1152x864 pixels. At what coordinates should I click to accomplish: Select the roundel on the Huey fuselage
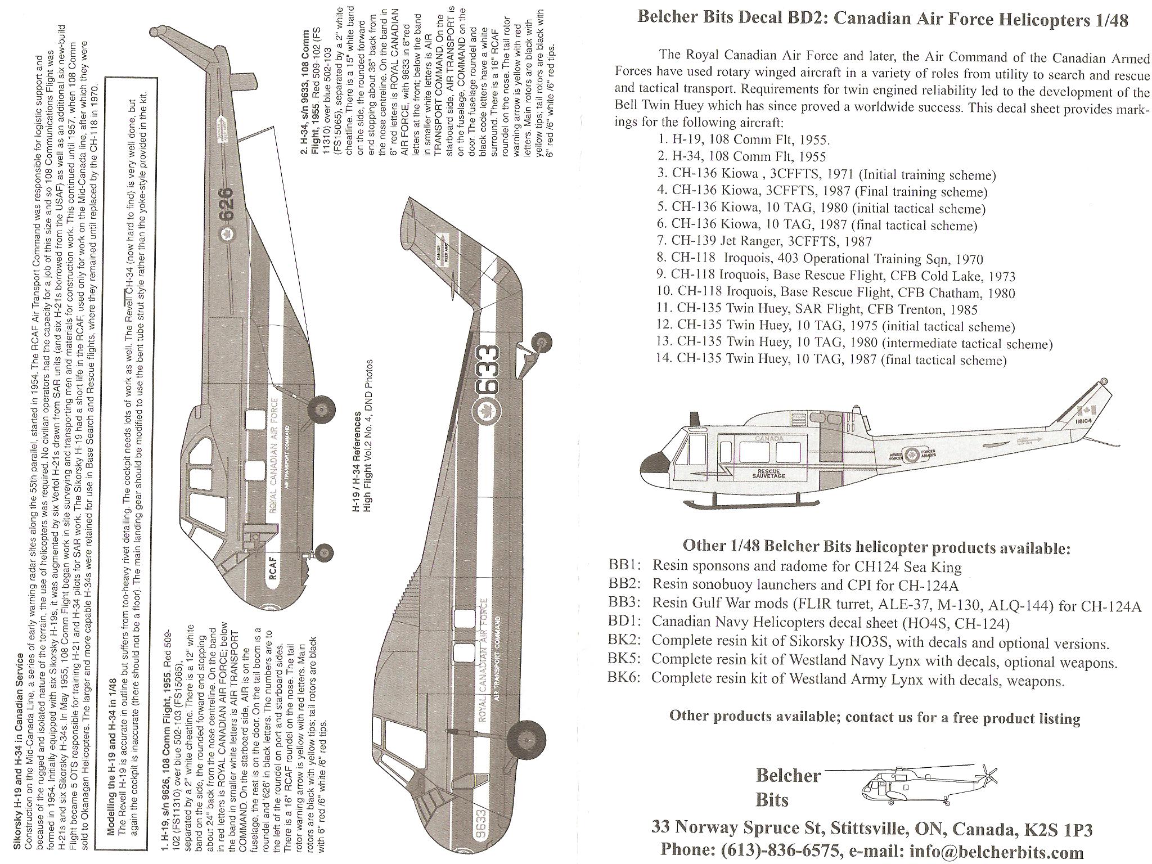(x=913, y=453)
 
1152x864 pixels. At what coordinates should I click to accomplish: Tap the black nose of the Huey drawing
(x=652, y=464)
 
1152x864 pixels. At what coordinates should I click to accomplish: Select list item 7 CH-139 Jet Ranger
(x=771, y=241)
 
